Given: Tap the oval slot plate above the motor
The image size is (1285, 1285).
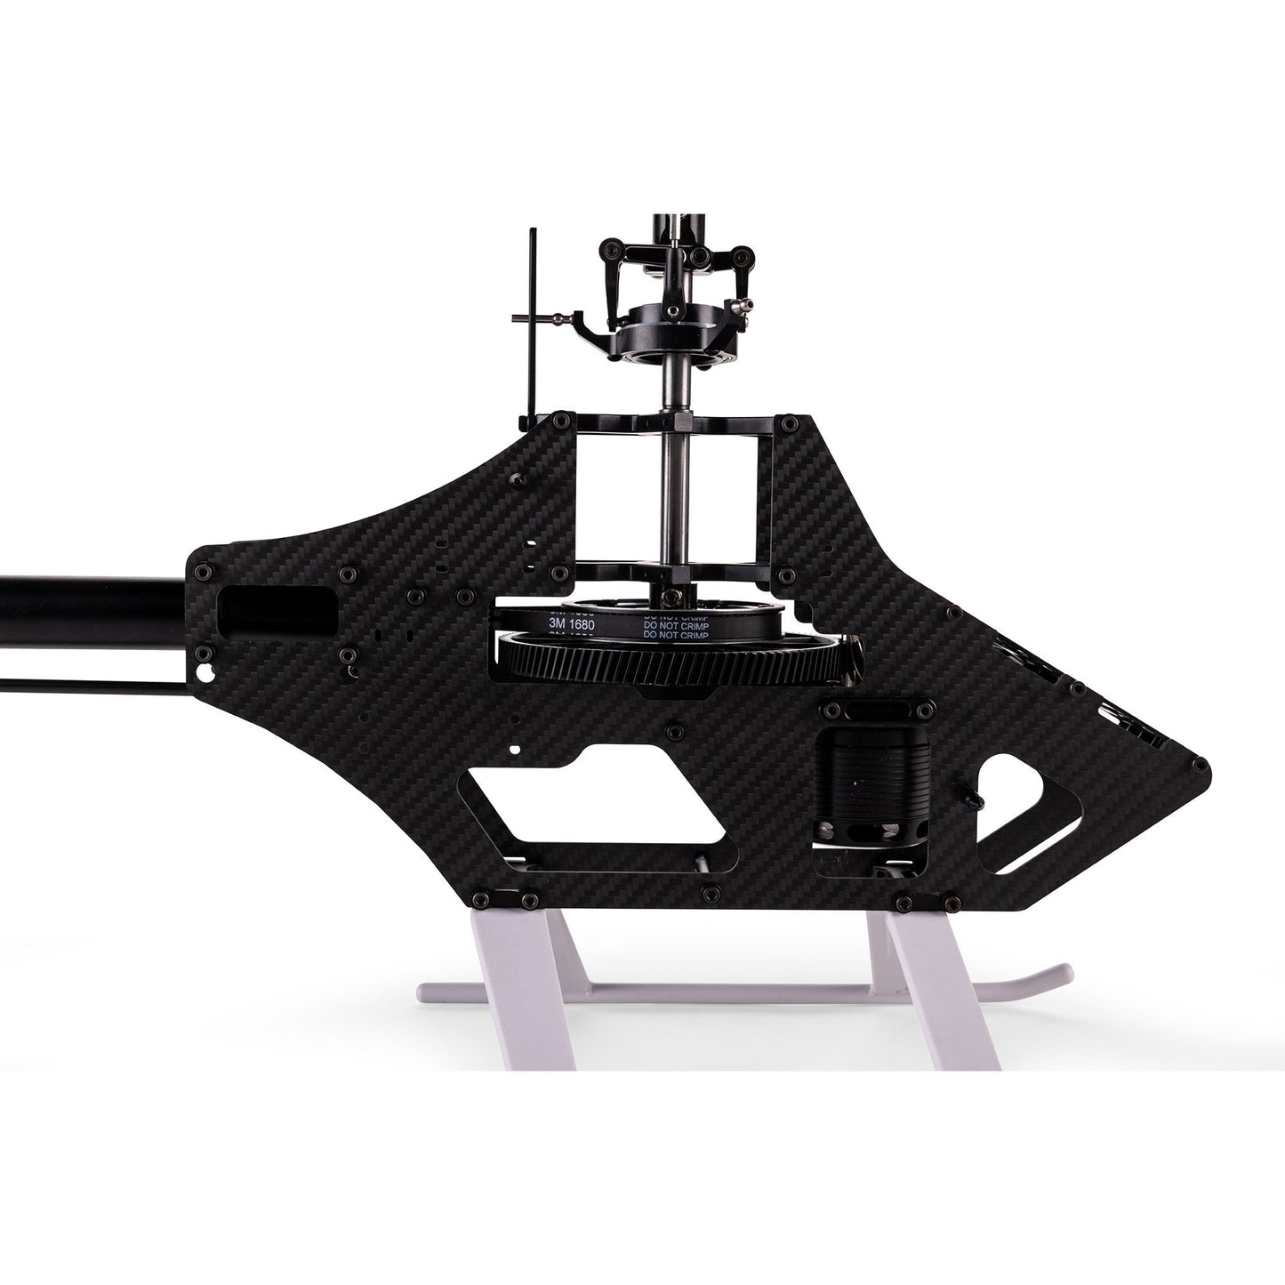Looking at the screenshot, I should coord(877,711).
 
